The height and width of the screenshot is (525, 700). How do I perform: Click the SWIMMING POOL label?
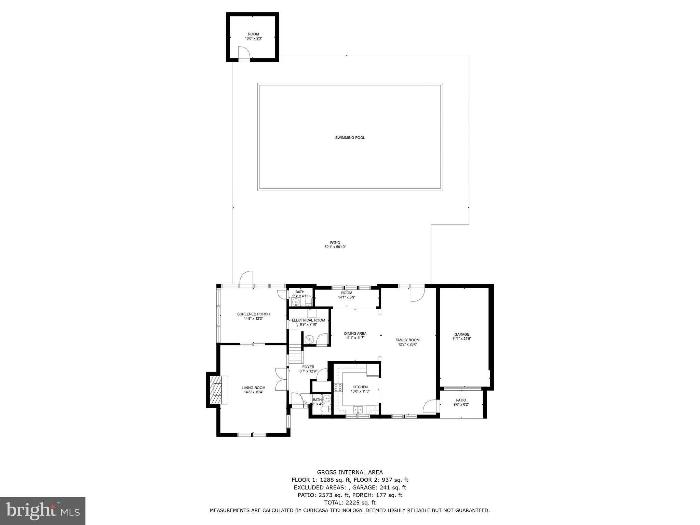click(x=350, y=138)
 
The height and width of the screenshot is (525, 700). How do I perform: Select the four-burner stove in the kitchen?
click(x=338, y=387)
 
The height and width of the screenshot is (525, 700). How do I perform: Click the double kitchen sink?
click(x=358, y=409)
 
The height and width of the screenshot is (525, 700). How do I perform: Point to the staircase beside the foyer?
click(x=296, y=354)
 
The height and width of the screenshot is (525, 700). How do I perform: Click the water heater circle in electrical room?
click(x=309, y=339)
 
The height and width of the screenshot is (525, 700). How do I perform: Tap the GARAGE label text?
click(x=461, y=334)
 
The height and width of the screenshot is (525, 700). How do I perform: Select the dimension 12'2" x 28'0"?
click(x=407, y=345)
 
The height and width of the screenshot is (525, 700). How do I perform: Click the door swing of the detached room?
click(x=244, y=53)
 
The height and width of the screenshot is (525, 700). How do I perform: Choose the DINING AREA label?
click(x=355, y=333)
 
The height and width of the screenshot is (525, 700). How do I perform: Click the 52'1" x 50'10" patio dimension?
click(x=335, y=247)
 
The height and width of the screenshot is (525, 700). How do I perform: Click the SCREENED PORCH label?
click(x=253, y=314)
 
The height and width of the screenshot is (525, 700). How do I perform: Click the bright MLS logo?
click(x=42, y=511)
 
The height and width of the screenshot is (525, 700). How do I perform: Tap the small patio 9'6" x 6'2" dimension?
click(x=461, y=404)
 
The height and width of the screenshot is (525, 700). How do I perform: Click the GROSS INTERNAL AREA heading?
click(x=350, y=472)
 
